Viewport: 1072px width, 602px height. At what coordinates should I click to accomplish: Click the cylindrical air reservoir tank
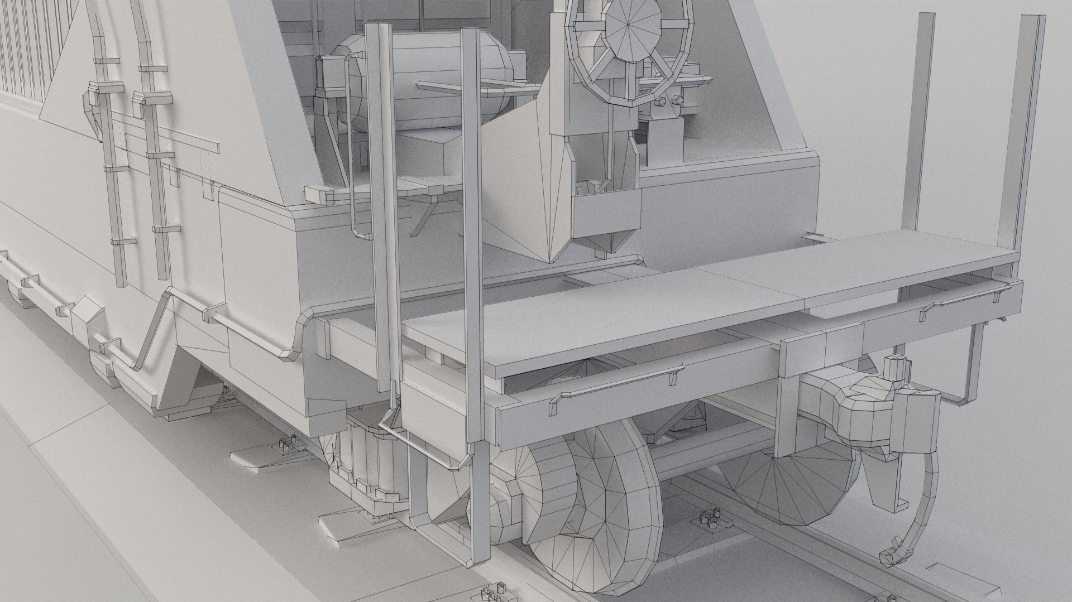coord(424,81)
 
